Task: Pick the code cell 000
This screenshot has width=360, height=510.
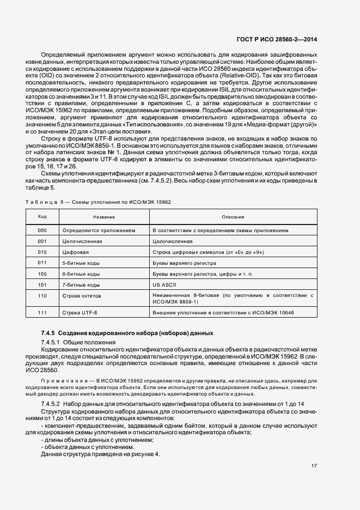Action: (42, 230)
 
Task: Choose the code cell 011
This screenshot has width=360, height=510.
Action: (42, 263)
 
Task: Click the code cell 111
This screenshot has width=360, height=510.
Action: (42, 312)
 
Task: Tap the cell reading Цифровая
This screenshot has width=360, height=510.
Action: (76, 252)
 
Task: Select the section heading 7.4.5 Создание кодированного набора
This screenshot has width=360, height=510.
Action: (127, 333)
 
